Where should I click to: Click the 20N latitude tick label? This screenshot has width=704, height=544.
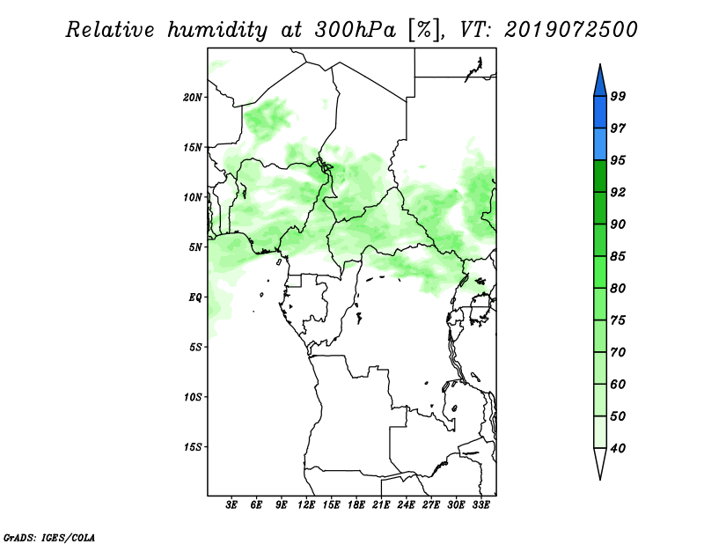tap(193, 98)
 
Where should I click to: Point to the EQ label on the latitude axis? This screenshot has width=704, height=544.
tap(195, 298)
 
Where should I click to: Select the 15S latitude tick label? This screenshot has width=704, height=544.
tap(193, 447)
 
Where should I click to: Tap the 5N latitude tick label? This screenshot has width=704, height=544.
tap(195, 247)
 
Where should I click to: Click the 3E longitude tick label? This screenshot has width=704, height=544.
tap(231, 504)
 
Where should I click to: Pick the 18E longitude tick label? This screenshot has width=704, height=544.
tap(356, 504)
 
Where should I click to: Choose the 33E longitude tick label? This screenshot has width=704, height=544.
tap(480, 504)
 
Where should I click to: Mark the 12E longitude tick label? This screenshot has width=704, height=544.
tap(306, 504)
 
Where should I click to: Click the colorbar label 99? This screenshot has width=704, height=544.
tap(618, 96)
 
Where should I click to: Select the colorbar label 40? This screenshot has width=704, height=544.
tap(618, 448)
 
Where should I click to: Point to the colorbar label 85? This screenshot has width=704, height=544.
tap(618, 256)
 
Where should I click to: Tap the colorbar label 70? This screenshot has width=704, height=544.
tap(618, 352)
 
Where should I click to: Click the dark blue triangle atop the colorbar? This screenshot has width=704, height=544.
tap(600, 83)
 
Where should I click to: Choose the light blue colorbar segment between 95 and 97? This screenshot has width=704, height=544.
tap(600, 144)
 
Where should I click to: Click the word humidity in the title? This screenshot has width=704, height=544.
tap(217, 30)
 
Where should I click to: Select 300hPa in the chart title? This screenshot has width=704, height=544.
tap(356, 30)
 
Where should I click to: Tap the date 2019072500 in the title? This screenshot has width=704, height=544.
tap(570, 30)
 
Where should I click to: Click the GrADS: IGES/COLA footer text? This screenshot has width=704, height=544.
tap(49, 537)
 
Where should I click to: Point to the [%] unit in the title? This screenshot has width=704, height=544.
tap(425, 30)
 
